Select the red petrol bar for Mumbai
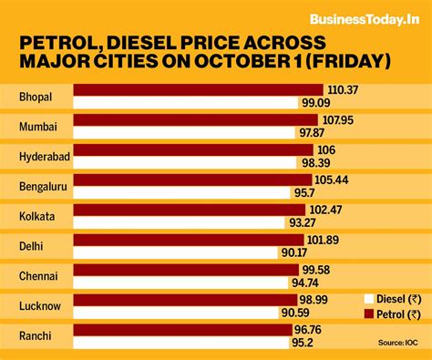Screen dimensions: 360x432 195,119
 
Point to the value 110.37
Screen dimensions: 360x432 344,89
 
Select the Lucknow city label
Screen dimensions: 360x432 40,305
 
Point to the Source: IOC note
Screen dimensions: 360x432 399,342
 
